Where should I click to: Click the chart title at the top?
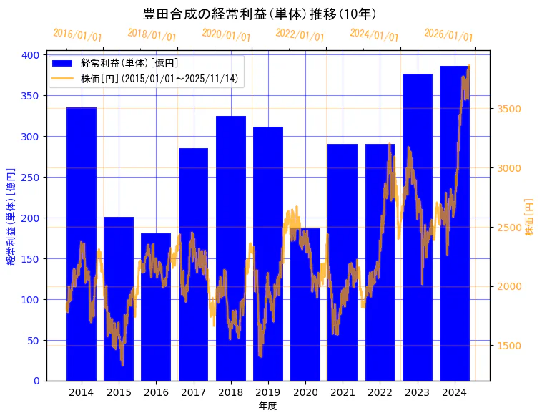(x=260, y=14)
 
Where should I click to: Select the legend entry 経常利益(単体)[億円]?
(x=129, y=64)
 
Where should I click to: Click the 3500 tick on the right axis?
(x=509, y=110)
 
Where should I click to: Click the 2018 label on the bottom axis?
(x=231, y=392)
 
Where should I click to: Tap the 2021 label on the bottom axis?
(x=343, y=392)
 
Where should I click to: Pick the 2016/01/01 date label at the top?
(x=78, y=35)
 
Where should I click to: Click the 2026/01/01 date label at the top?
(x=448, y=35)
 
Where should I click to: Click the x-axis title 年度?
(x=267, y=406)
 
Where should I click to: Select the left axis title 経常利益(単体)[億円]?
(x=11, y=216)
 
